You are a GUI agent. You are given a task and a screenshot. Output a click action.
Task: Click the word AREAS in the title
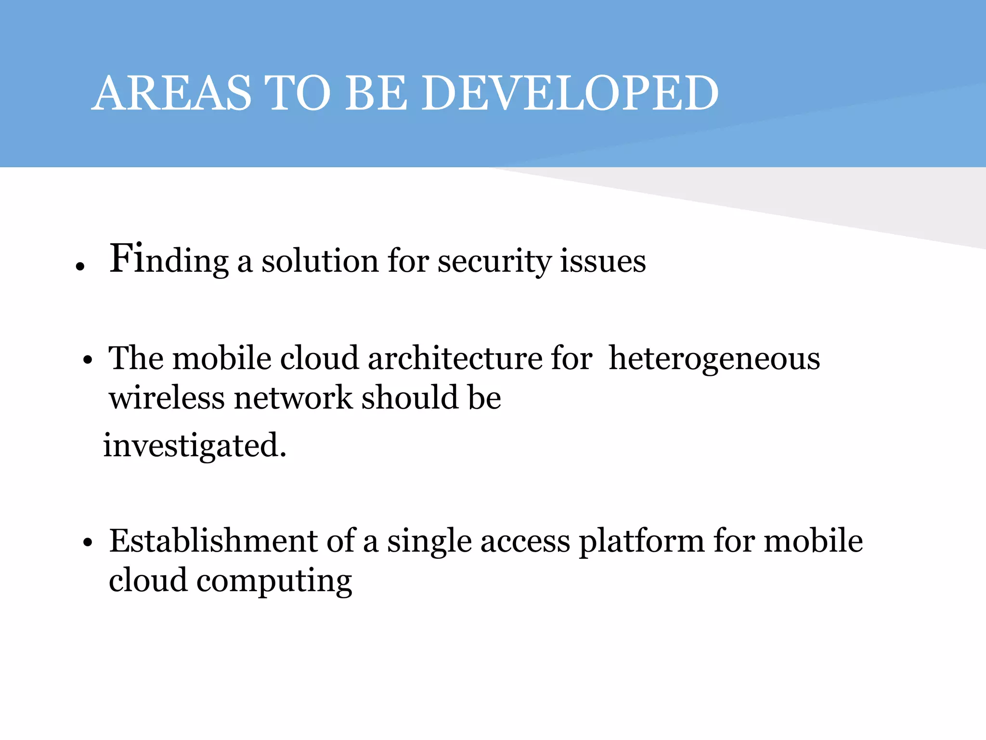tap(172, 93)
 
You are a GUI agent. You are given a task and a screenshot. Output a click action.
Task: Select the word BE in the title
tap(376, 93)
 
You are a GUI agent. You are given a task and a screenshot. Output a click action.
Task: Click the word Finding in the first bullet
tap(169, 261)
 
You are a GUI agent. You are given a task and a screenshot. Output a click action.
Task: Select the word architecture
tap(455, 359)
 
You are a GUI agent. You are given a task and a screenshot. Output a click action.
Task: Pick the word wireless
tap(167, 398)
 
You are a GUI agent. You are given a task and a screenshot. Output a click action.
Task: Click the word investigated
tap(195, 446)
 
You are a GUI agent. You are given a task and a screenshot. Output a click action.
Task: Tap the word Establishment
tap(213, 541)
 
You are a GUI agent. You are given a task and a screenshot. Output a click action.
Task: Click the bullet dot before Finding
tap(80, 266)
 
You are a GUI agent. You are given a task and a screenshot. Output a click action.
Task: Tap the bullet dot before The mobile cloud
tap(87, 360)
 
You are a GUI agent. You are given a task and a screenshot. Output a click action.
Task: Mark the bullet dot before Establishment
tap(87, 542)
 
